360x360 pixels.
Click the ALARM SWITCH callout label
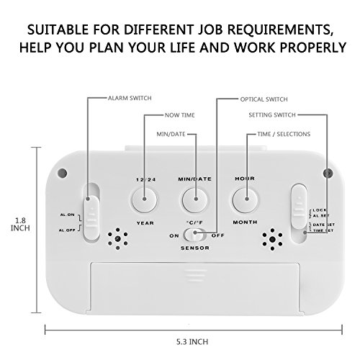130,98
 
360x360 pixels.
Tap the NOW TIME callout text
180,115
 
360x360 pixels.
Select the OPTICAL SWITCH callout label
264,99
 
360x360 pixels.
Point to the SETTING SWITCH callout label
272,115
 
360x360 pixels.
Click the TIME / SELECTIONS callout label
284,134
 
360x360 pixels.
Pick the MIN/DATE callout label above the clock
171,134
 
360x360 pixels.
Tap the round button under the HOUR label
246,200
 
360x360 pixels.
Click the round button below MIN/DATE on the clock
195,200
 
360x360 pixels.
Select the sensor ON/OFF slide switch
195,235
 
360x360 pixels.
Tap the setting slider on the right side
299,207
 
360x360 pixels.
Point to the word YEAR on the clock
145,223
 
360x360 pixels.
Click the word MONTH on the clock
245,222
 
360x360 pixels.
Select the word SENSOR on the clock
195,248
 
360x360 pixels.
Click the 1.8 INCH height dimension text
20,224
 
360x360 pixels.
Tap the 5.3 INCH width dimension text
192,342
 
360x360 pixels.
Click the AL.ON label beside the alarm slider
68,215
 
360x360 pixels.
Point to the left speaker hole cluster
117,239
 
